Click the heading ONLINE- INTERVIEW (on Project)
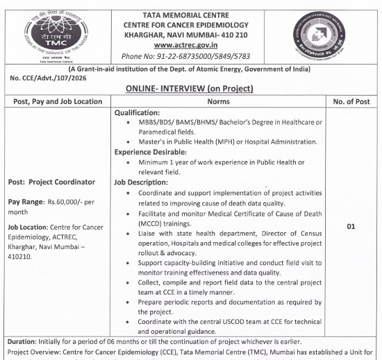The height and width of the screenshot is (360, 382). pyautogui.click(x=190, y=88)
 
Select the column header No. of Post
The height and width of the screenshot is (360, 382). pyautogui.click(x=354, y=101)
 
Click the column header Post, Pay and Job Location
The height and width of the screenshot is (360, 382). pyautogui.click(x=57, y=101)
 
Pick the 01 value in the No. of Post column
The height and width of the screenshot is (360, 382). pyautogui.click(x=354, y=226)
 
